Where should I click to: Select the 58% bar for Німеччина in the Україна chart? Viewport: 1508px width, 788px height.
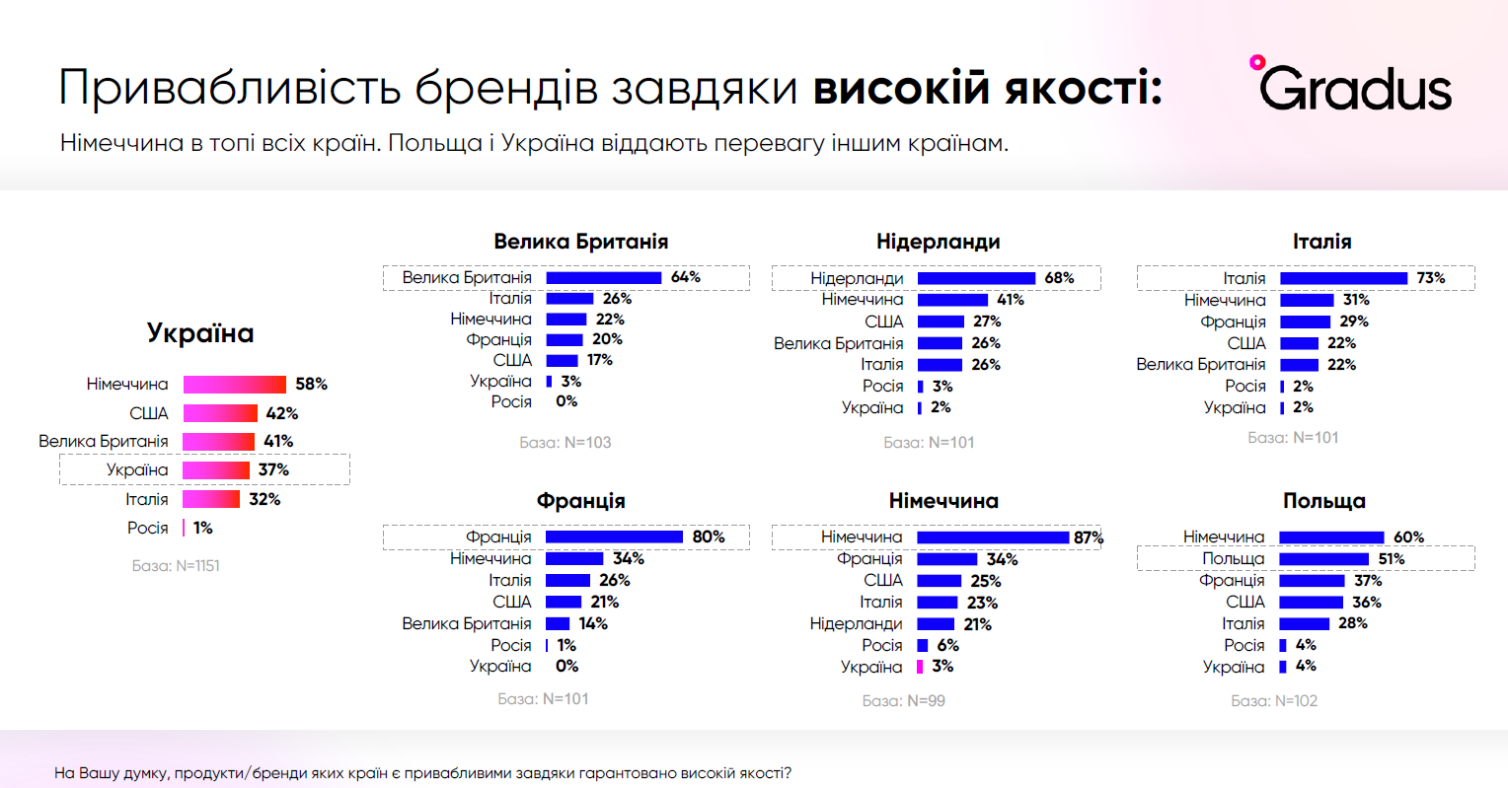click(234, 385)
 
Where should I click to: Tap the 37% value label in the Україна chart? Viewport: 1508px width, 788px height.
click(273, 470)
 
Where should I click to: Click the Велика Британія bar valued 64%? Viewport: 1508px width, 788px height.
click(603, 278)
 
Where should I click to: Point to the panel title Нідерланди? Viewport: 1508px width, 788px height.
click(938, 242)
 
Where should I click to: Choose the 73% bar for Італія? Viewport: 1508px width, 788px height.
click(1343, 278)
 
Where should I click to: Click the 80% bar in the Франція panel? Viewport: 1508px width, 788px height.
click(614, 537)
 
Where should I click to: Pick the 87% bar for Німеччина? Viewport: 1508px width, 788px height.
click(993, 537)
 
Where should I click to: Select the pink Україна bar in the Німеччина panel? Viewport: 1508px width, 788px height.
click(920, 667)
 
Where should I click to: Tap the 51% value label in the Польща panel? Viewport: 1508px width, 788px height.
click(1391, 559)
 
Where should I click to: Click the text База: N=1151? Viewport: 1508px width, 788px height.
click(176, 566)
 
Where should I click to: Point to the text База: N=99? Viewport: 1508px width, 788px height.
click(903, 701)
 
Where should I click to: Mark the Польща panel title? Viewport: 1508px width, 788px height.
click(1323, 501)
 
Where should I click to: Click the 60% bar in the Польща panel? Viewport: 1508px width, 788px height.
click(1331, 537)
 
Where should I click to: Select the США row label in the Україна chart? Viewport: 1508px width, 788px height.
click(149, 413)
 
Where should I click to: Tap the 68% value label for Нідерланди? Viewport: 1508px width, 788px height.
click(1059, 278)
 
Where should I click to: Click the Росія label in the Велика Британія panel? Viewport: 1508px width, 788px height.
click(511, 401)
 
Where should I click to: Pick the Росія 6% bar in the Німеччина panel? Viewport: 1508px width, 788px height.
click(922, 645)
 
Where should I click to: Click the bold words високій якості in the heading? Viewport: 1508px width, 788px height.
click(987, 88)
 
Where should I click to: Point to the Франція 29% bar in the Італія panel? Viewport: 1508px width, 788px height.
click(1305, 322)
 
